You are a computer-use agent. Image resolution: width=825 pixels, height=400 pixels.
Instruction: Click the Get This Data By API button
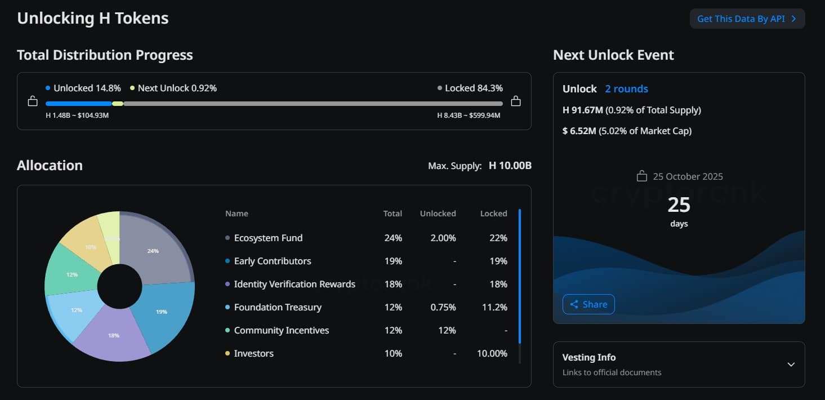pyautogui.click(x=747, y=19)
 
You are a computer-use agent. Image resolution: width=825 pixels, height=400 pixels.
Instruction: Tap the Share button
pyautogui.click(x=588, y=304)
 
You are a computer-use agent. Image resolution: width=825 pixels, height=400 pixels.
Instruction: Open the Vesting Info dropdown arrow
pyautogui.click(x=791, y=364)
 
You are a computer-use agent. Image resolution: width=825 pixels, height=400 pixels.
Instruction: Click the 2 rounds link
pyautogui.click(x=626, y=89)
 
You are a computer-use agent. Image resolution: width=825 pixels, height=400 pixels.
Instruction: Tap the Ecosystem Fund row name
pyautogui.click(x=268, y=238)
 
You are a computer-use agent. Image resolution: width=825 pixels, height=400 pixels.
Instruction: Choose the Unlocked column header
pyautogui.click(x=438, y=214)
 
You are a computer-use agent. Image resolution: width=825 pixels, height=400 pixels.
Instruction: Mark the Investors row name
pyautogui.click(x=253, y=353)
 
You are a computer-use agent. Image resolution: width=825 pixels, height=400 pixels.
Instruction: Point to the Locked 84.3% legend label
pyautogui.click(x=473, y=88)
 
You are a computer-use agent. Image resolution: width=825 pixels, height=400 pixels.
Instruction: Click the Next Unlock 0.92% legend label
pyautogui.click(x=177, y=88)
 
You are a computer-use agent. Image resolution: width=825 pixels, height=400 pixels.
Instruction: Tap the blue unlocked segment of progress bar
pyautogui.click(x=78, y=104)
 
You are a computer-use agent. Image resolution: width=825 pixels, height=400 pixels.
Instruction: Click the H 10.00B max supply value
pyautogui.click(x=510, y=166)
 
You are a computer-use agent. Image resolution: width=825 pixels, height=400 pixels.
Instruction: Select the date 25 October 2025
pyautogui.click(x=688, y=176)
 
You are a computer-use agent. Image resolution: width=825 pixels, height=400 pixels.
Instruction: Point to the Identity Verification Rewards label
pyautogui.click(x=295, y=284)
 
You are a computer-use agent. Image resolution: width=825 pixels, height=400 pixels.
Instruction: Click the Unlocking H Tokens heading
pyautogui.click(x=93, y=18)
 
